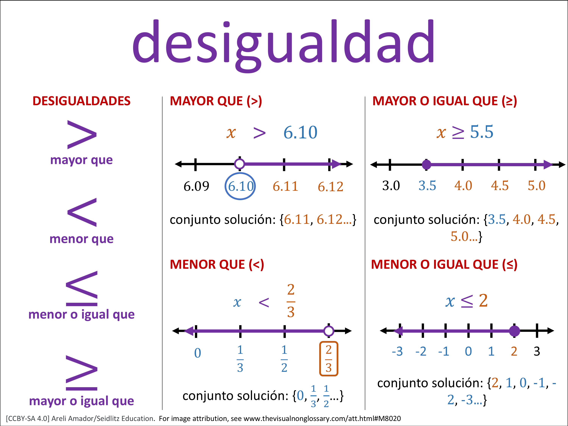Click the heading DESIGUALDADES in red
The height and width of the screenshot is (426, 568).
pyautogui.click(x=81, y=101)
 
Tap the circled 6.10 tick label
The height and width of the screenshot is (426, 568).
pyautogui.click(x=240, y=186)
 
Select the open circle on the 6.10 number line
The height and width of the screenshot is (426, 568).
pyautogui.click(x=240, y=164)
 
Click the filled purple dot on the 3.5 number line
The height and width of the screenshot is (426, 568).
pyautogui.click(x=427, y=164)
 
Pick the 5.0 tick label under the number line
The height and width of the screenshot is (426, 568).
pyautogui.click(x=536, y=185)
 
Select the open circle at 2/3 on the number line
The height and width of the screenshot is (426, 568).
pyautogui.click(x=329, y=331)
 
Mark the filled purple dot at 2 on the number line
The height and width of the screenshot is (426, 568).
pyautogui.click(x=514, y=331)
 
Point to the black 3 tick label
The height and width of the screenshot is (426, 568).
pyautogui.click(x=537, y=351)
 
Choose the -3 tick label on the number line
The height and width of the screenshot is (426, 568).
pyautogui.click(x=397, y=351)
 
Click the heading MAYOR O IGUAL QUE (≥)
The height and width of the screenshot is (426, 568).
pyautogui.click(x=445, y=101)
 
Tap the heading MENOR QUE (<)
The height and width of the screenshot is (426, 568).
pyautogui.click(x=217, y=264)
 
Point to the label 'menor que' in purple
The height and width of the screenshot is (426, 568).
pyautogui.click(x=81, y=239)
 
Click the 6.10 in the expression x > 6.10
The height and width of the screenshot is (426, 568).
pyautogui.click(x=300, y=133)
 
